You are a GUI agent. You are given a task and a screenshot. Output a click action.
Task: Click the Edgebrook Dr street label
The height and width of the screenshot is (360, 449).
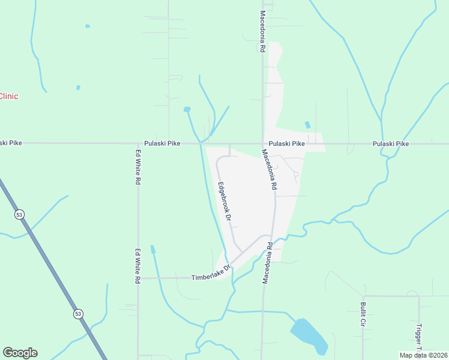coord(224,202)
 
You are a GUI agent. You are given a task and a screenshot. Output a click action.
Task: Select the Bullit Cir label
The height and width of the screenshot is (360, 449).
coord(363,314)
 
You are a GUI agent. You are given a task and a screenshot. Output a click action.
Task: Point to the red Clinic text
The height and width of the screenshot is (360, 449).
coord(8,96)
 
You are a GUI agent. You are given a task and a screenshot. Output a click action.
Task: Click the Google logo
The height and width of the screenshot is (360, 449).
coord(20,353)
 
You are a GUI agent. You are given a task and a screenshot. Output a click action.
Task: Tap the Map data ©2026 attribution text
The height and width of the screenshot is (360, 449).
coord(423,355)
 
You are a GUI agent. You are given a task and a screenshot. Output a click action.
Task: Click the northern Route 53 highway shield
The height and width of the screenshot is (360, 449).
coord(19,214)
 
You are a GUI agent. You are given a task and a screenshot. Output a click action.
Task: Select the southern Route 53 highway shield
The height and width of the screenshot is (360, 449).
coord(78,314)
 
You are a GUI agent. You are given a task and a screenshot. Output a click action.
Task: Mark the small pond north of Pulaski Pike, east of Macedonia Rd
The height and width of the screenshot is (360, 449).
coord(308,125)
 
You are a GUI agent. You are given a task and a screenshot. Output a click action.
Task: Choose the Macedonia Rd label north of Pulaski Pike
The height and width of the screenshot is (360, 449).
coord(262,31)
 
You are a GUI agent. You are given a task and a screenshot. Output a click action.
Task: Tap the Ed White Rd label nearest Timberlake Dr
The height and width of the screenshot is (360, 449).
coord(137,266)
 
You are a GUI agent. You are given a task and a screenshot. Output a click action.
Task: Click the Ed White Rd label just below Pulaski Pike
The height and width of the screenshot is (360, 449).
coord(137,167)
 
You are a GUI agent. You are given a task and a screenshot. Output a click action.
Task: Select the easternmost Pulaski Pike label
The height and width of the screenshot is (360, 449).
coord(390,144)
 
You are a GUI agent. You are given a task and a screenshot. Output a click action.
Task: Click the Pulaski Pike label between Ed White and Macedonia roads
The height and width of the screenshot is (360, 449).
coord(162,144)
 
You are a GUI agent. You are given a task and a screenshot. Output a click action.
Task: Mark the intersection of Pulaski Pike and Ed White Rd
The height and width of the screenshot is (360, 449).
coord(137,144)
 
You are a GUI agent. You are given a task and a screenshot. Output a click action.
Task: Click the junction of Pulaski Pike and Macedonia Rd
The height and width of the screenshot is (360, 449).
coord(262,144)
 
